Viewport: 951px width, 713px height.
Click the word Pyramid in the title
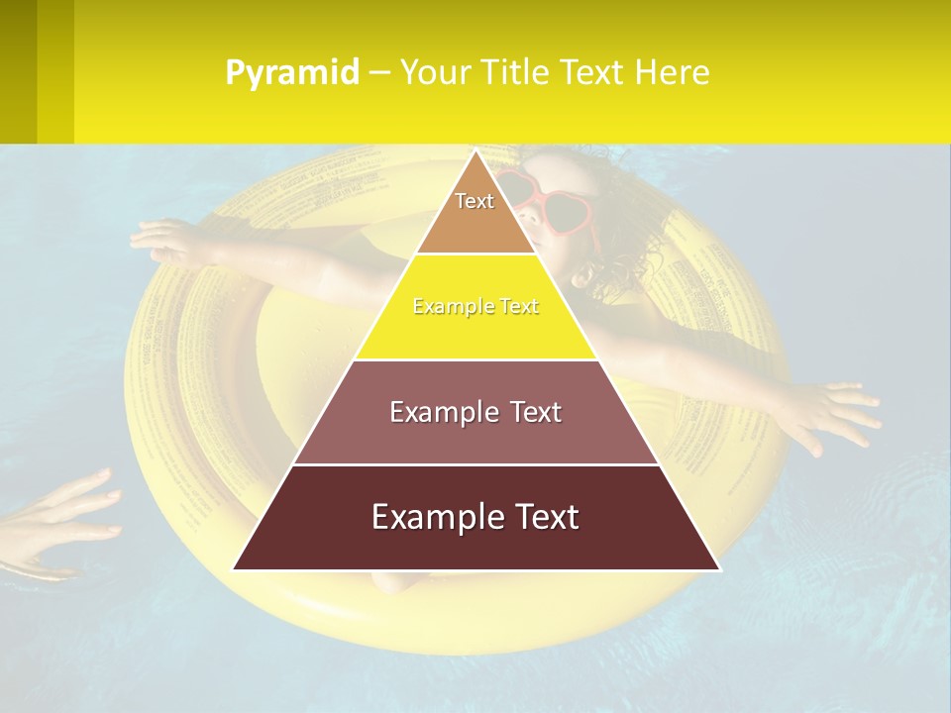coord(291,73)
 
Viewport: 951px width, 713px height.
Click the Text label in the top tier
coord(475,201)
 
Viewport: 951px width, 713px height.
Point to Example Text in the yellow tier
coord(475,307)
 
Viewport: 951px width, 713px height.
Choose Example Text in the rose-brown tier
coord(475,412)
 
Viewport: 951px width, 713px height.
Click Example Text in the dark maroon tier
coord(475,517)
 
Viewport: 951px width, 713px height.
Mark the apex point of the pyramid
coord(475,152)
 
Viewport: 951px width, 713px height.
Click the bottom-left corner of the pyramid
coord(234,569)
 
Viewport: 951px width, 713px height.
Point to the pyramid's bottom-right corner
coord(718,569)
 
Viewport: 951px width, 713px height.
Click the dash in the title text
coord(379,73)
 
